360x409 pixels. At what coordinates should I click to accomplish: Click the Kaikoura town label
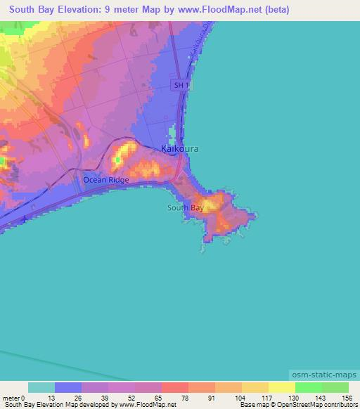pos(180,149)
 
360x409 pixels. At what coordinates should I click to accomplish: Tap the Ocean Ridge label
pos(106,181)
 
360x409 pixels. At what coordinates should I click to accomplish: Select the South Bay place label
pos(186,208)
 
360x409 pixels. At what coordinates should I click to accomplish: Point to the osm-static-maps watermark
pos(323,375)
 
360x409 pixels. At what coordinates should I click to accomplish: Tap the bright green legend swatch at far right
pos(335,387)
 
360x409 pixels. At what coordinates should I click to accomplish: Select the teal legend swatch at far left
pos(41,387)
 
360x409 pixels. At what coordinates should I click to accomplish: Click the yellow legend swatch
pos(282,387)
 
